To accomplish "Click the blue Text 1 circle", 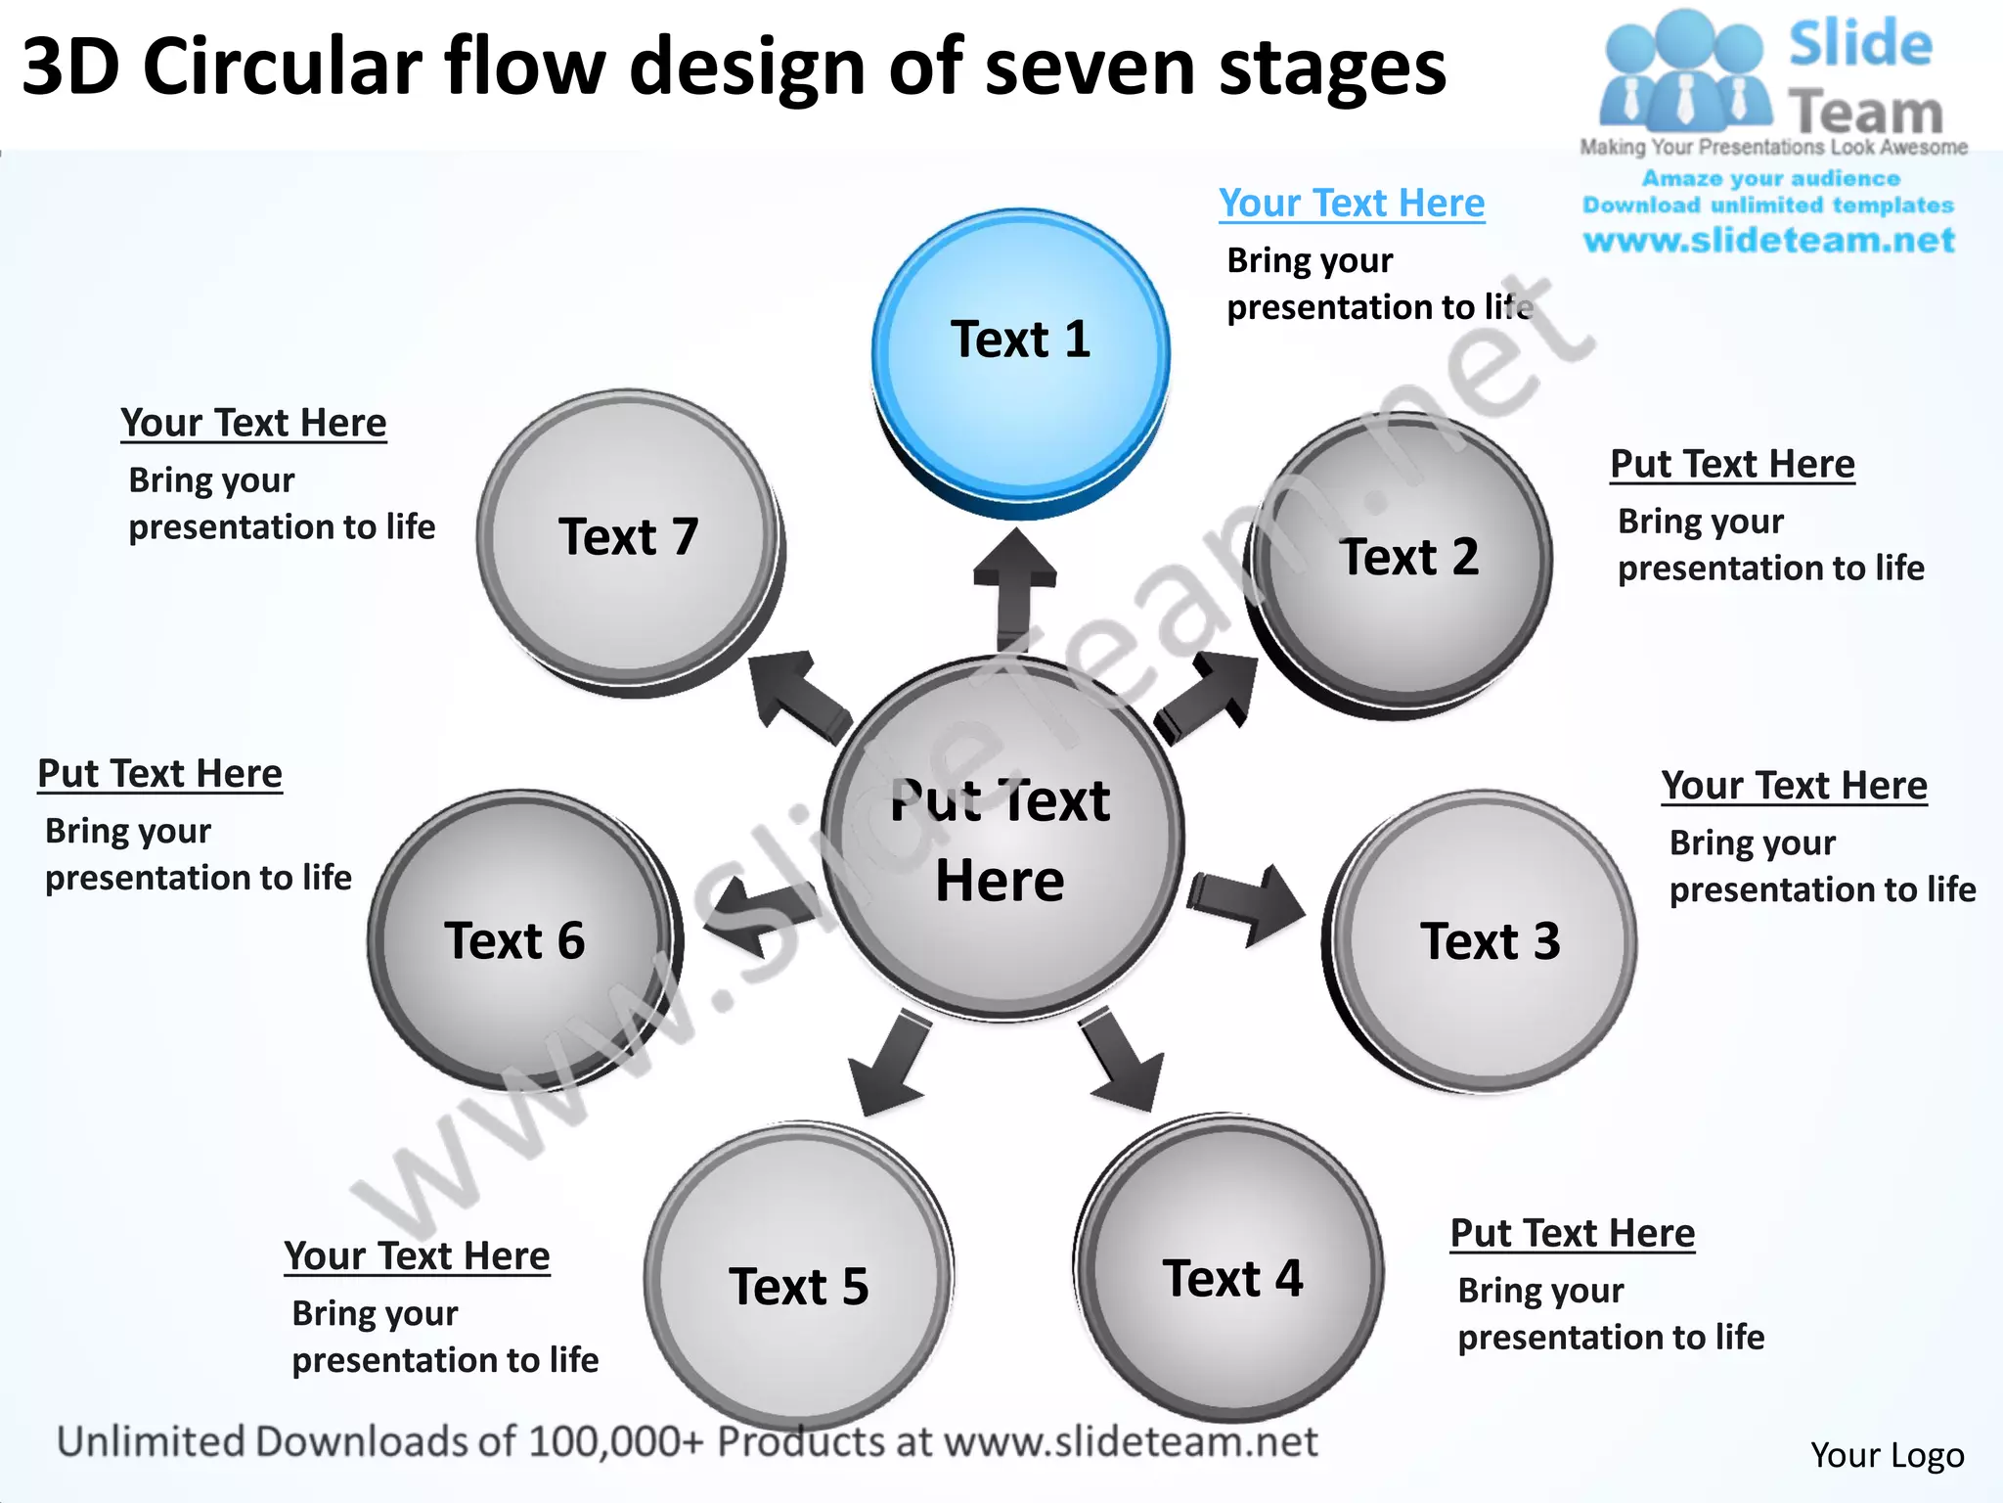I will (x=1020, y=352).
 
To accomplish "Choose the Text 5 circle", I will (x=798, y=1276).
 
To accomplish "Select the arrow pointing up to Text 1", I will (x=1014, y=587).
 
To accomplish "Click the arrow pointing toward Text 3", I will (x=1247, y=902).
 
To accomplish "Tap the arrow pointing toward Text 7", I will (x=797, y=697).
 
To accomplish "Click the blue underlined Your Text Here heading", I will (x=1351, y=204).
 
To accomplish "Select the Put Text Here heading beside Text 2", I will (x=1731, y=464).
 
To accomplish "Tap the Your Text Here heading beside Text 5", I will (x=417, y=1255).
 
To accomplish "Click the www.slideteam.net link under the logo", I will (x=1768, y=241).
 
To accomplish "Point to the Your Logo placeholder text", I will (x=1887, y=1455).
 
